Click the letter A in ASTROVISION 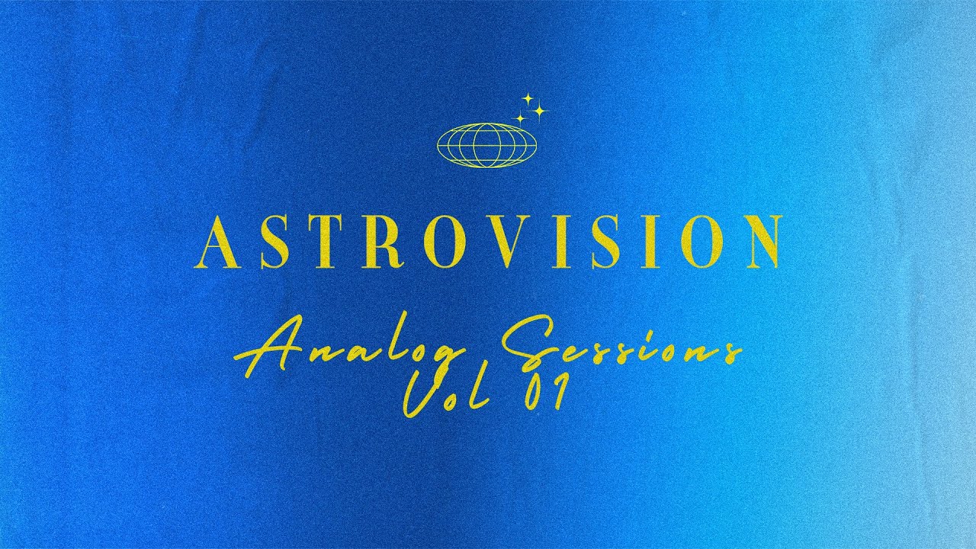(216, 242)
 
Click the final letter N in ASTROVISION (756, 242)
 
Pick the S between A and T (271, 242)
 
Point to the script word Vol (443, 396)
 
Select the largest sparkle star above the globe (539, 112)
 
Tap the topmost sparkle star (526, 98)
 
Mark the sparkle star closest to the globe (521, 119)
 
